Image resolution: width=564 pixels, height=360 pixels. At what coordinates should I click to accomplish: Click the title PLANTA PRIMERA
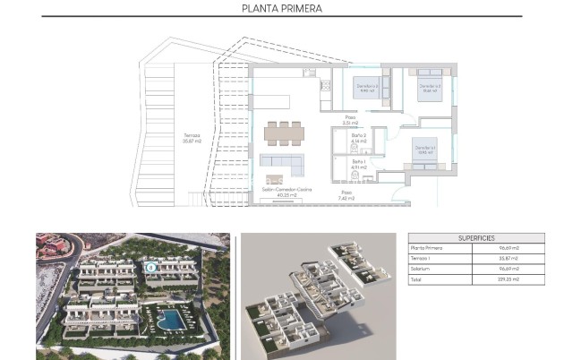(282, 9)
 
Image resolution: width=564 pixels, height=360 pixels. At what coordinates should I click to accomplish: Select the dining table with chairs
(283, 132)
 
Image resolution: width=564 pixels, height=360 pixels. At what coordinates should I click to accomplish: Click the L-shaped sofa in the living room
(278, 164)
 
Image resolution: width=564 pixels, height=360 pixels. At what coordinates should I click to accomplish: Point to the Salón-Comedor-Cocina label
(282, 191)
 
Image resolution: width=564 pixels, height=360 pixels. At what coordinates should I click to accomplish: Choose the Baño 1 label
(359, 164)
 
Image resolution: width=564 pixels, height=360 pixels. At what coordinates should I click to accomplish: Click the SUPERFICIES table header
(476, 238)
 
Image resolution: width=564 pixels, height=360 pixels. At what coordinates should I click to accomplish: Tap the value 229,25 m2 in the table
(508, 280)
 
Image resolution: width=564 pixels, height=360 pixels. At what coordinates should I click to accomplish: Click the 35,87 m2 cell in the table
(508, 259)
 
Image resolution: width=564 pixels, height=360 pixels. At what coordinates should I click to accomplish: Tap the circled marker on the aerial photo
(150, 266)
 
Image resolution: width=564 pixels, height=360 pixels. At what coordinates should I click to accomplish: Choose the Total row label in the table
(417, 280)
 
